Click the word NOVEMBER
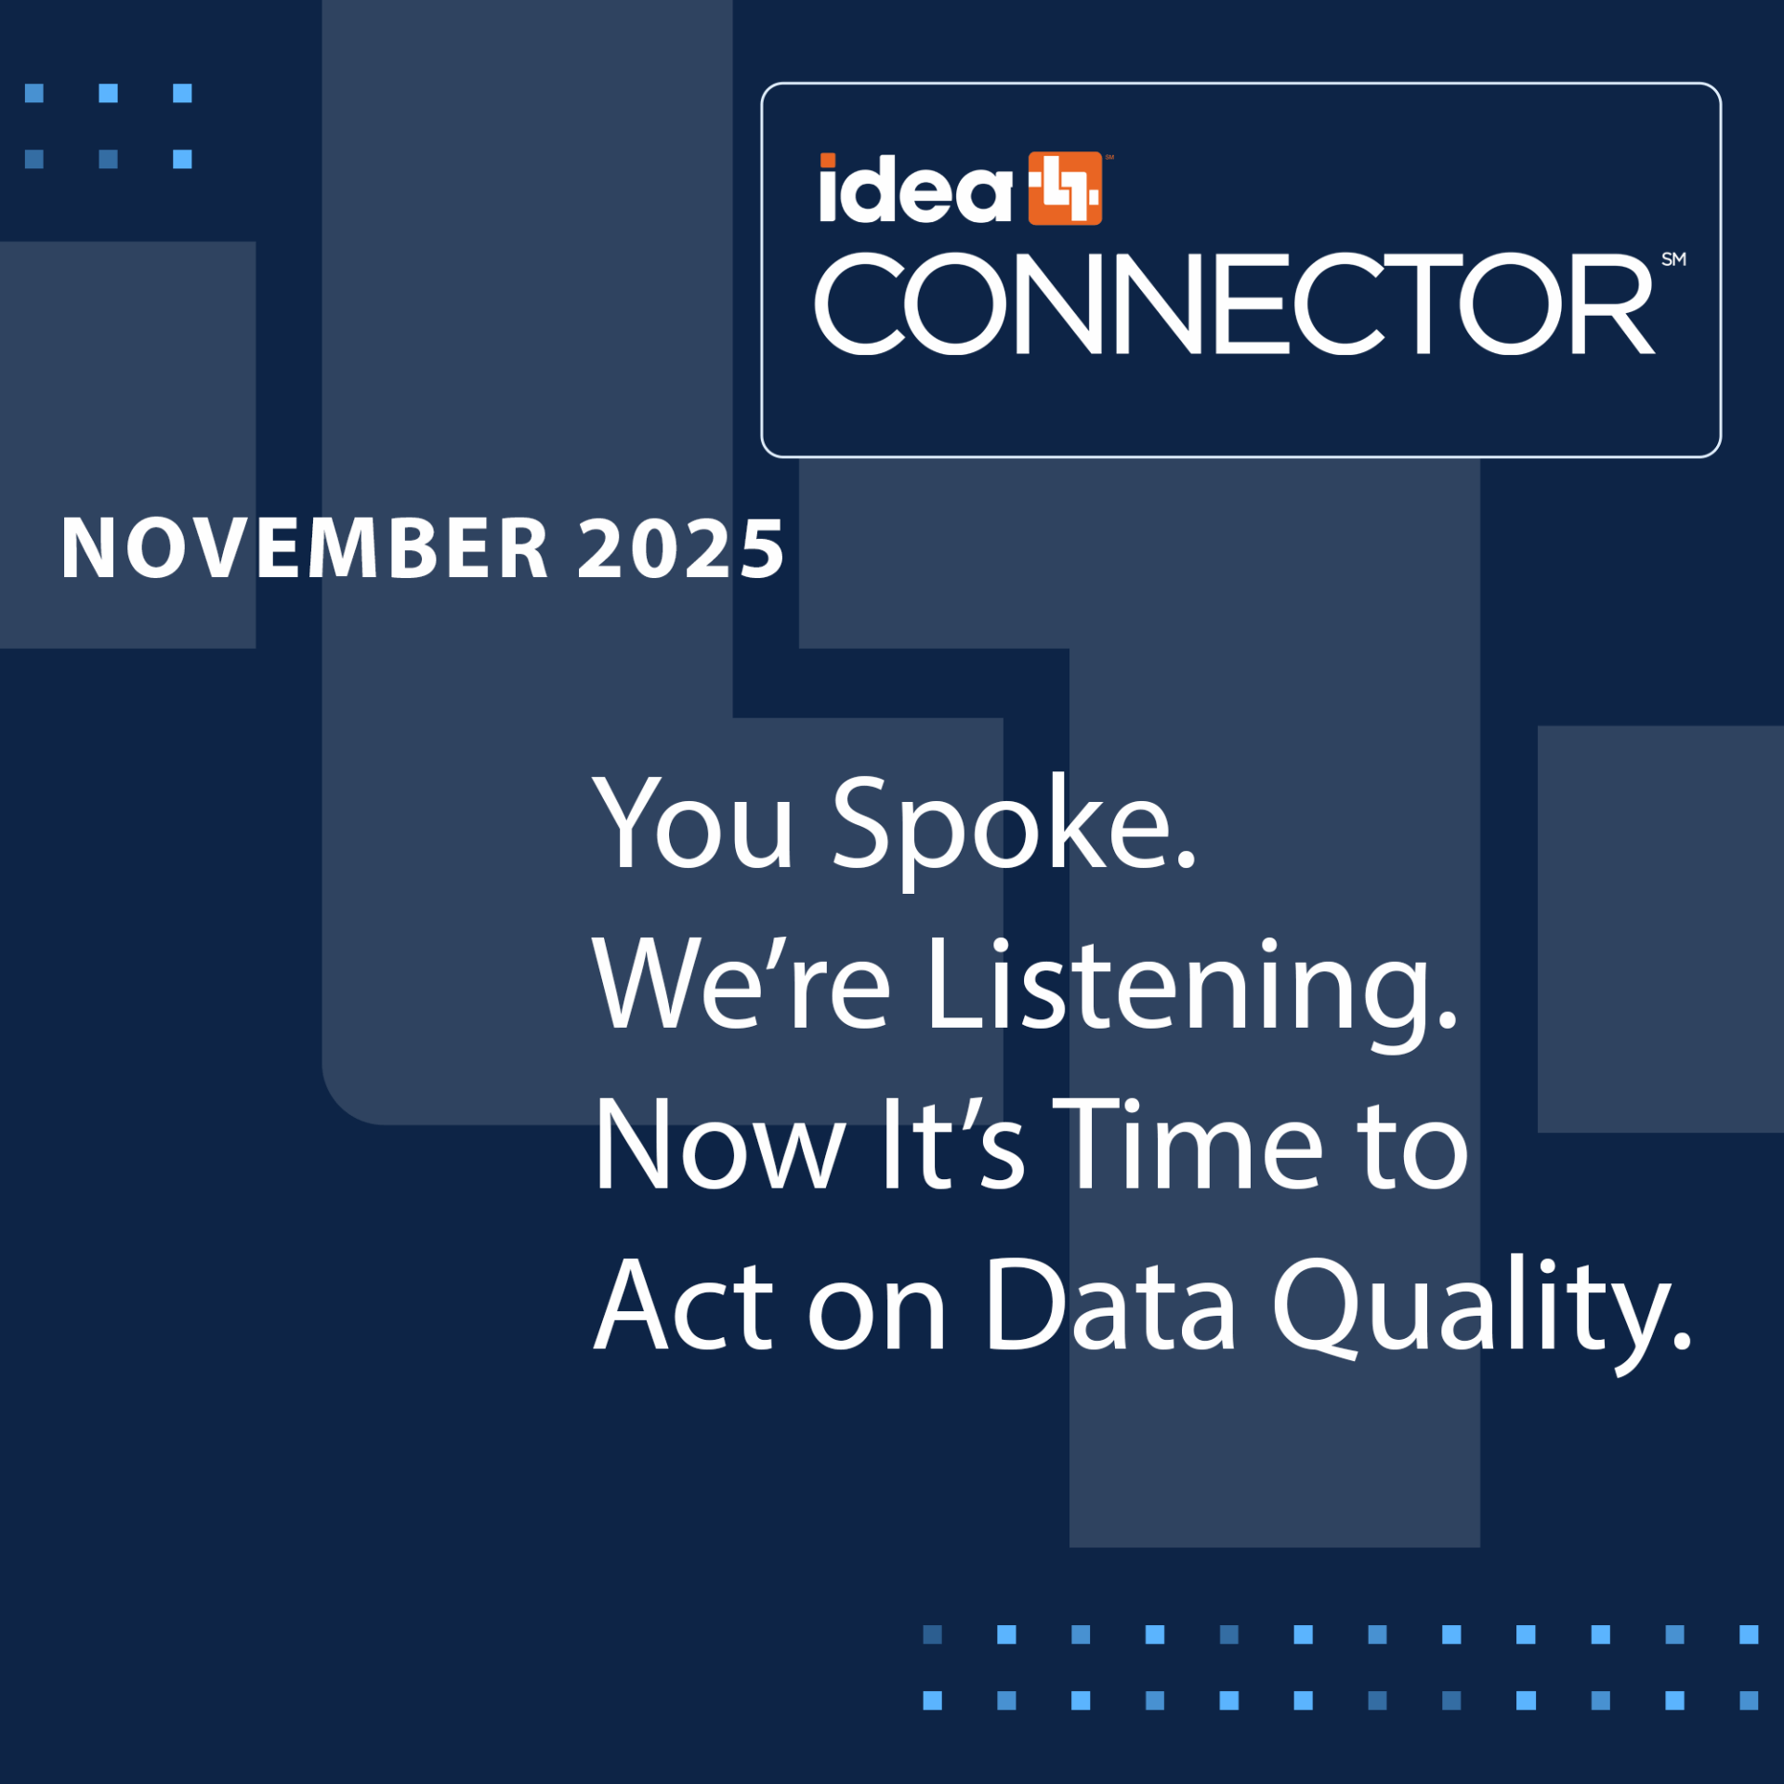pyautogui.click(x=305, y=548)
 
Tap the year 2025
pyautogui.click(x=681, y=548)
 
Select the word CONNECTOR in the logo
pyautogui.click(x=1234, y=304)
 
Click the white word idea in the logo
pyautogui.click(x=915, y=189)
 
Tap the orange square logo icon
pyautogui.click(x=1065, y=189)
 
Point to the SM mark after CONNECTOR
pyautogui.click(x=1673, y=259)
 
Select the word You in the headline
pyautogui.click(x=693, y=823)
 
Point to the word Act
pyautogui.click(x=684, y=1305)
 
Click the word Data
pyautogui.click(x=1111, y=1305)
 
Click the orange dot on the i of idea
pyautogui.click(x=827, y=161)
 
